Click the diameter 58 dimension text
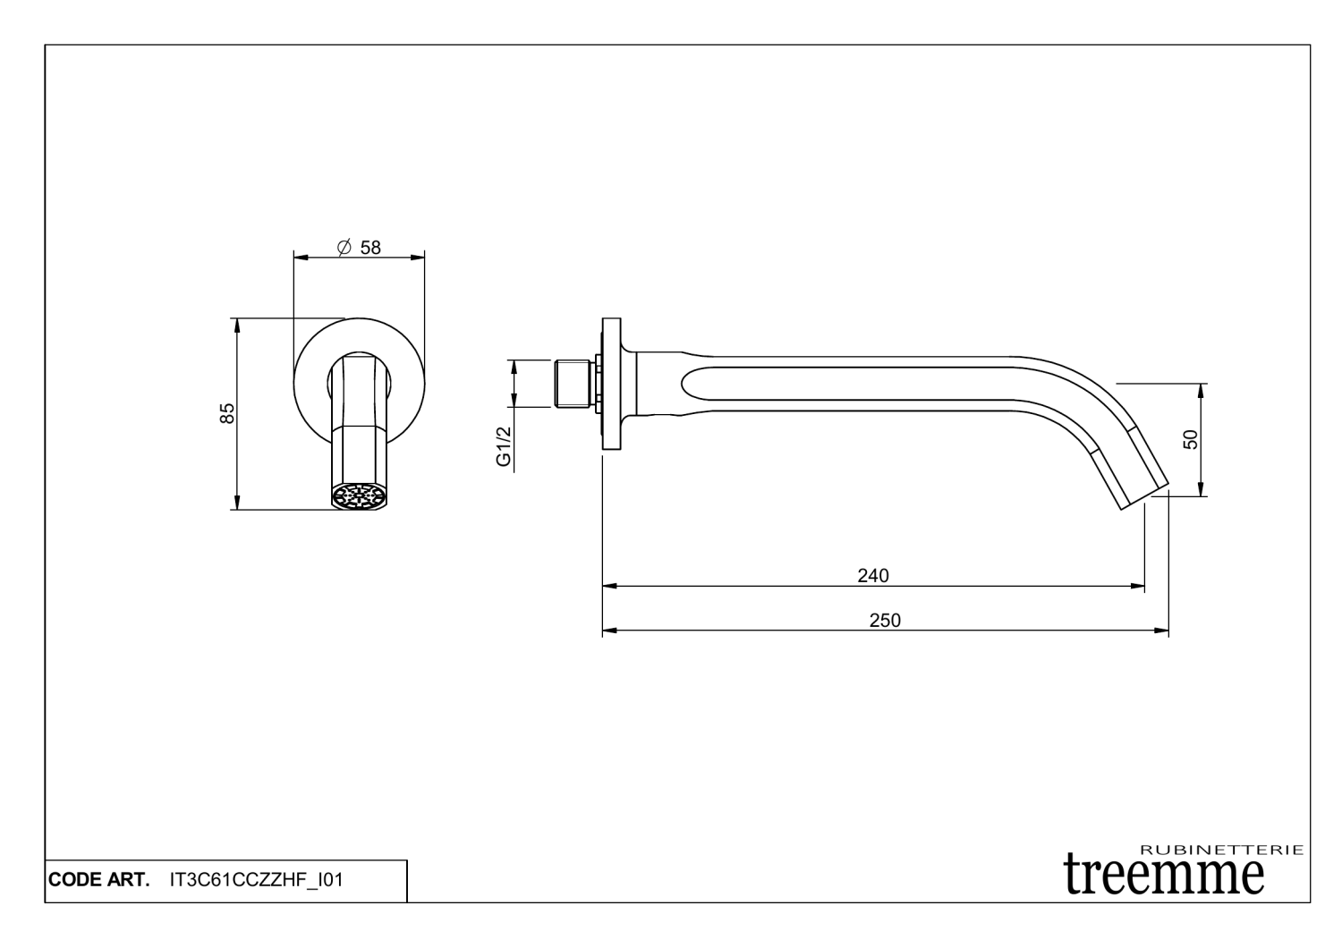(359, 248)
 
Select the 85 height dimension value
(227, 413)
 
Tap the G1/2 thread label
(504, 446)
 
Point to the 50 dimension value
(1189, 439)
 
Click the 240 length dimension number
(873, 575)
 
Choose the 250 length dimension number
(885, 621)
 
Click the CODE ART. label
(99, 880)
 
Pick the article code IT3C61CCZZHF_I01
(256, 880)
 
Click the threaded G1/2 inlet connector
(573, 384)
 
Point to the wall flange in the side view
(612, 384)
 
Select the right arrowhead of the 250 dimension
(1162, 631)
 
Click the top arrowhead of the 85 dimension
(237, 324)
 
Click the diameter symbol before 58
(343, 248)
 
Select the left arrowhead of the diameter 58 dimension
(301, 258)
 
